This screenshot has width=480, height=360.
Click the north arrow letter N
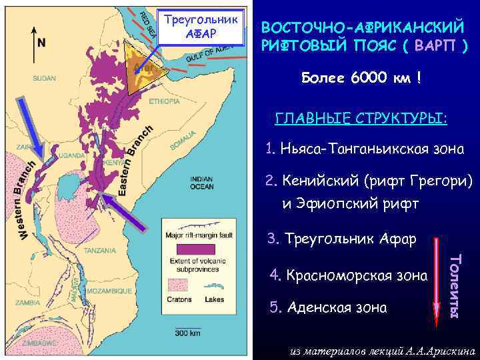[41, 42]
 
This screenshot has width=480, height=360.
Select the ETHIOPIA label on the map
[164, 101]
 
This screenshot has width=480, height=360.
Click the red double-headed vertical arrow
[437, 280]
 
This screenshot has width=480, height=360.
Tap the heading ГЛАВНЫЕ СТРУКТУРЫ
[362, 119]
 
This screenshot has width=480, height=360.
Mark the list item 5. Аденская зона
[327, 307]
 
